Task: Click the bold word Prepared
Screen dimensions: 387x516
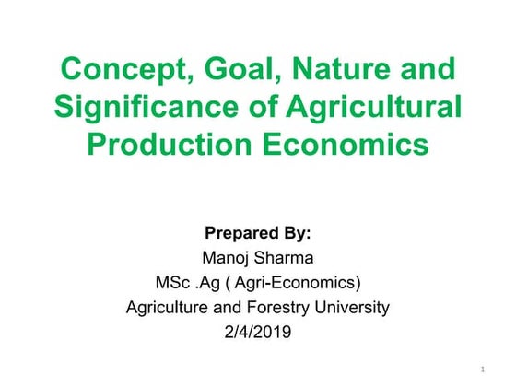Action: [x=231, y=232]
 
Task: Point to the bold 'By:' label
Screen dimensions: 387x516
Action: [x=291, y=232]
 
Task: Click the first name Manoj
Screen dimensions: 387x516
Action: [x=224, y=257]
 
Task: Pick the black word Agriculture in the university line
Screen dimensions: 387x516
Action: [x=171, y=307]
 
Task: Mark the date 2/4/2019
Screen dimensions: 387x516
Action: [x=258, y=332]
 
